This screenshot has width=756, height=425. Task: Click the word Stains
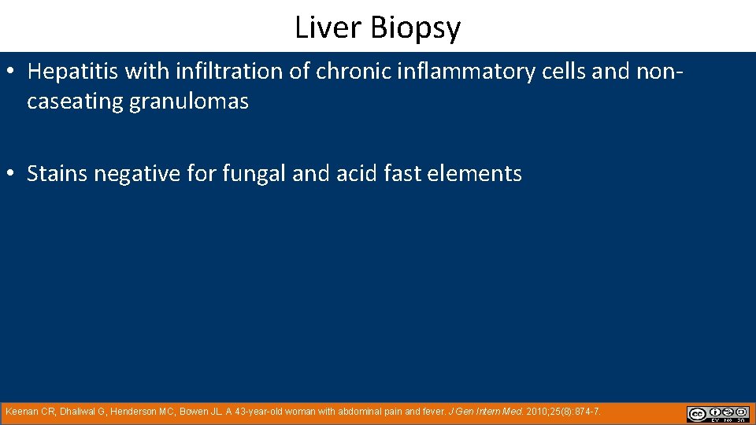(57, 174)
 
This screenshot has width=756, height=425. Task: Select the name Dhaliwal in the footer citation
(80, 412)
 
